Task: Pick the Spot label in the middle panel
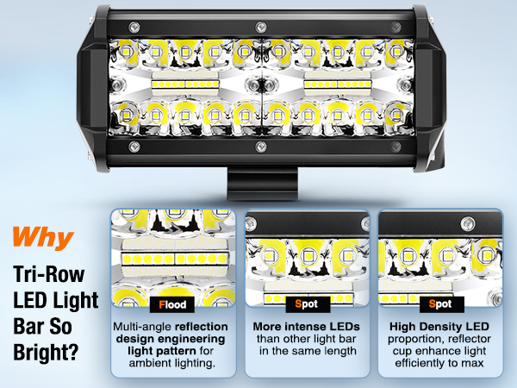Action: coord(308,304)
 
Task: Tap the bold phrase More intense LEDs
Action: coord(308,329)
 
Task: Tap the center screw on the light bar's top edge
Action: coord(258,16)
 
